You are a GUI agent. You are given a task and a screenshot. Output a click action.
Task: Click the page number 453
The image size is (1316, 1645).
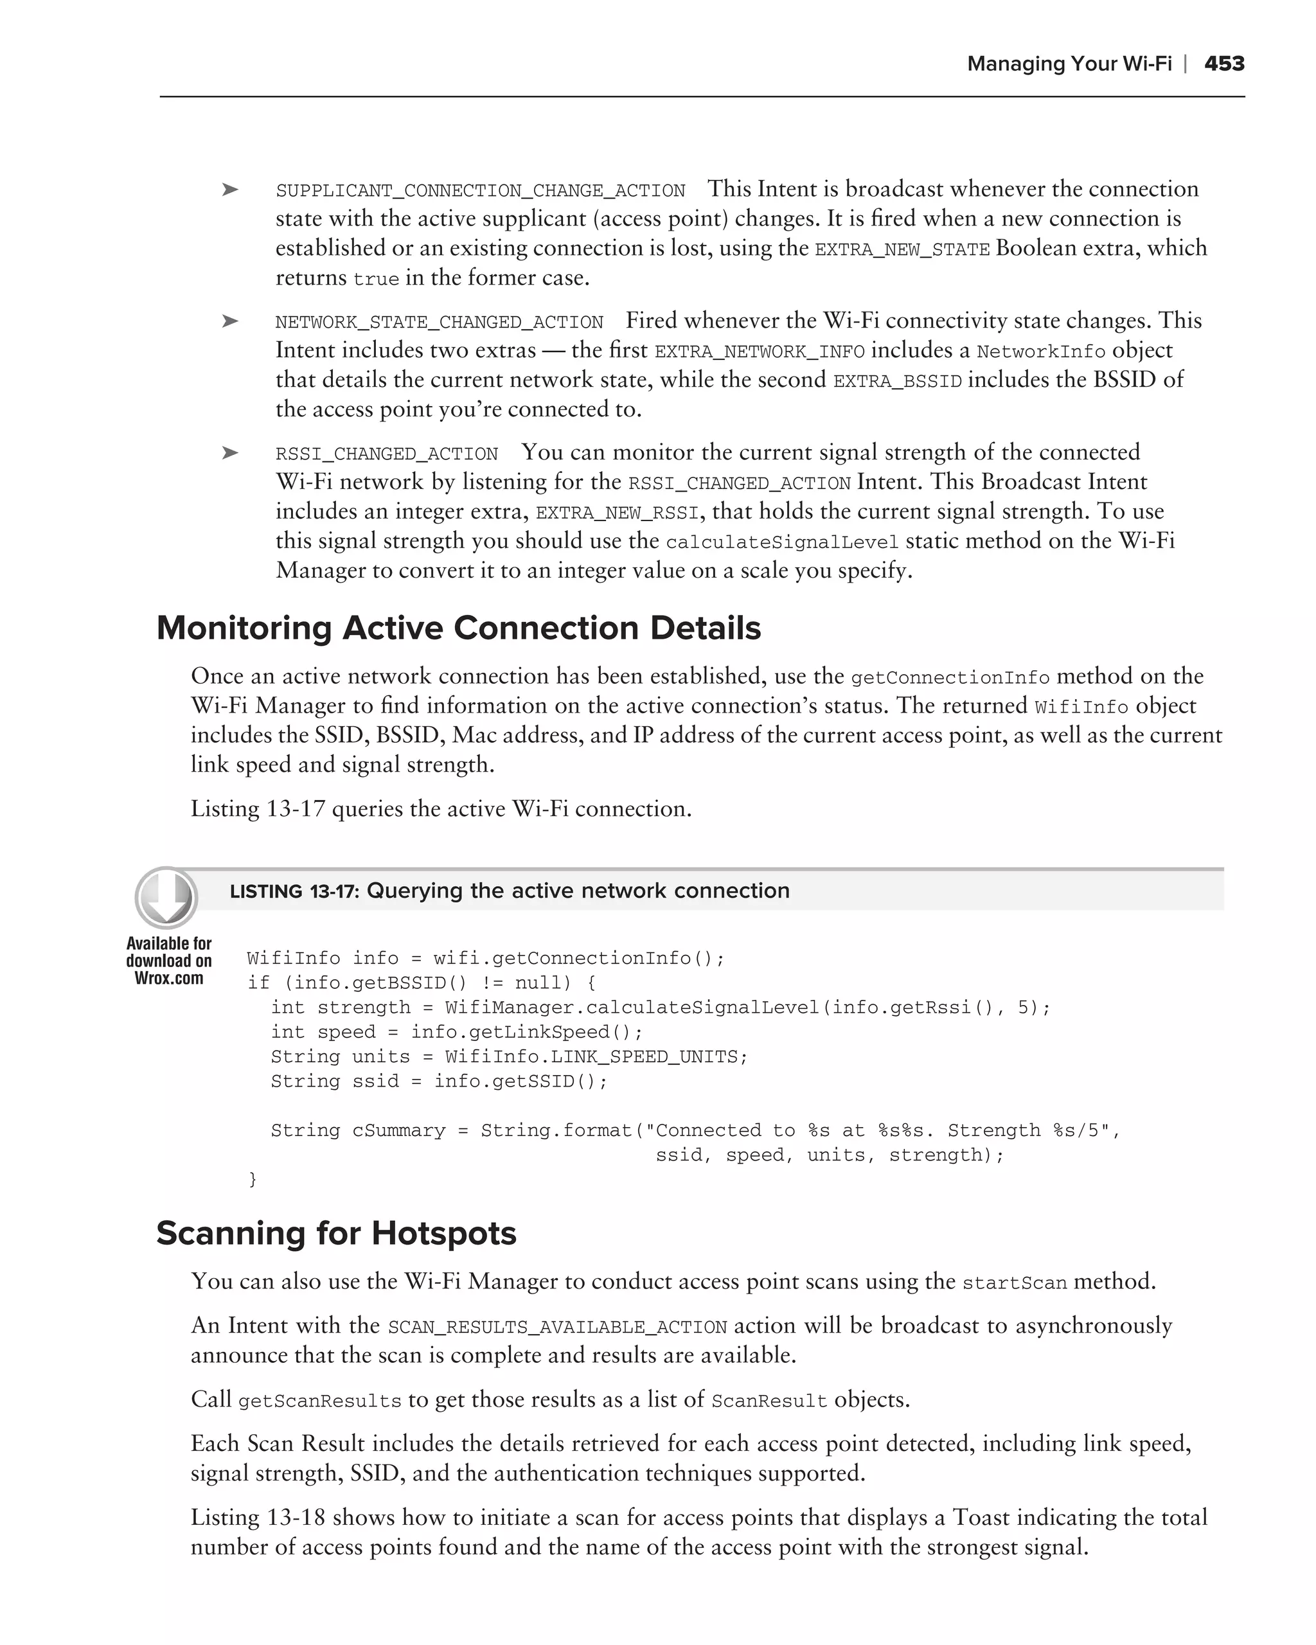[x=1223, y=64]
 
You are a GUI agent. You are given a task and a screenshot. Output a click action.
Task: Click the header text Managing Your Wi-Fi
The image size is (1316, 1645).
[x=1069, y=64]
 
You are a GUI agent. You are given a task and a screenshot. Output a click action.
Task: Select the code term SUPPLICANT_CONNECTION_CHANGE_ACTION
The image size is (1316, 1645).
[x=481, y=191]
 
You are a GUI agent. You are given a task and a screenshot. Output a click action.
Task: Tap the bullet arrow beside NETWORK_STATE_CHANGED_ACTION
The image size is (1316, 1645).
[x=229, y=322]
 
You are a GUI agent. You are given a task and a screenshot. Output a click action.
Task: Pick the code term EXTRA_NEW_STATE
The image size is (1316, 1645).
[x=902, y=250]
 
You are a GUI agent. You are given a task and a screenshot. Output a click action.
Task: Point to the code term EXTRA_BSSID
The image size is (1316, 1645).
[x=897, y=382]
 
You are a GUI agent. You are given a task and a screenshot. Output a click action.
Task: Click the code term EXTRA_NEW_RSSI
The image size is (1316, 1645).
[x=616, y=513]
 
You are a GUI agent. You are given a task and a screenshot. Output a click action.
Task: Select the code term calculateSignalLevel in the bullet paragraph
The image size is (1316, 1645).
[x=782, y=543]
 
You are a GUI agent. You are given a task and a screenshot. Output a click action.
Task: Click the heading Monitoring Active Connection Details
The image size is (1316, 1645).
[x=459, y=628]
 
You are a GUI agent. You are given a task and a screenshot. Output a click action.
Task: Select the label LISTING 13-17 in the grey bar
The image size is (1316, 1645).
[x=294, y=891]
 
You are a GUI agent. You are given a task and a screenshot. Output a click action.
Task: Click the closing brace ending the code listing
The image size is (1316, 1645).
[x=253, y=1180]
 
